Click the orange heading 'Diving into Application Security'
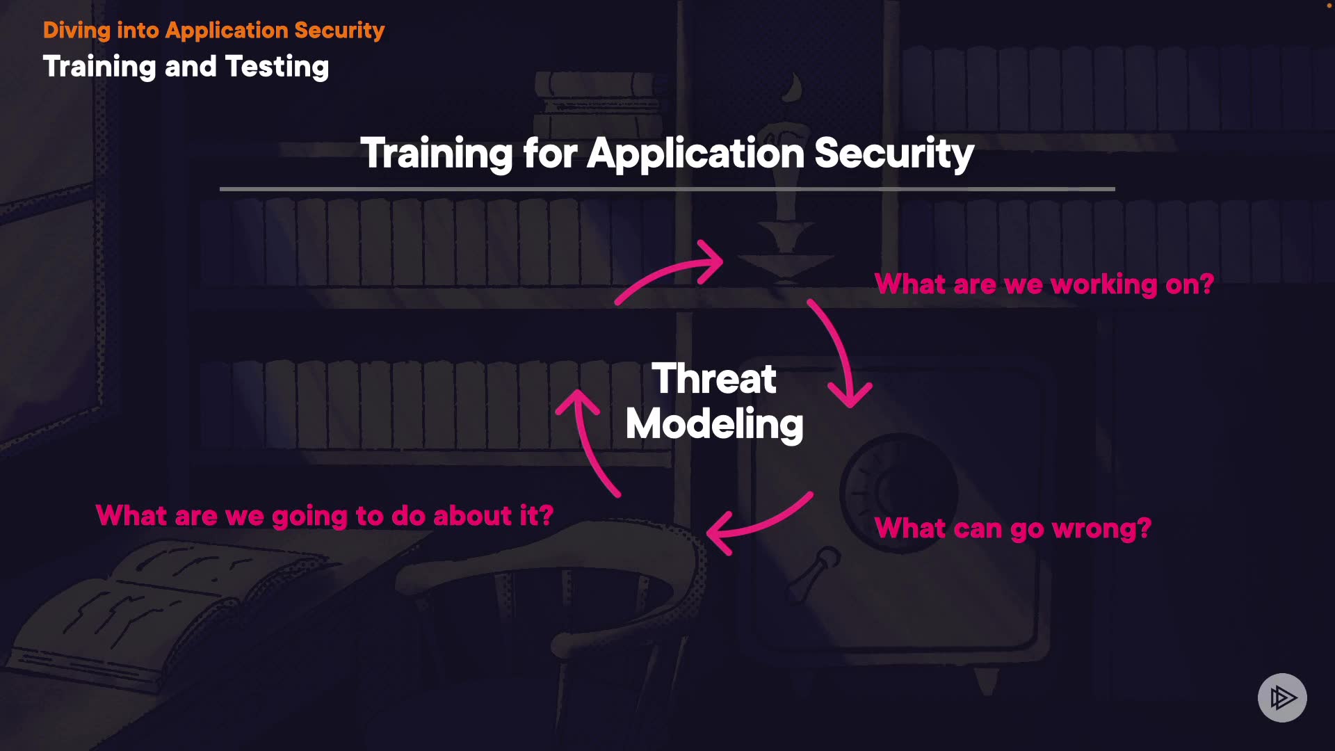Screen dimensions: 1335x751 tap(213, 31)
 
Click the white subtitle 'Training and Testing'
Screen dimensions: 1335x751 tap(186, 67)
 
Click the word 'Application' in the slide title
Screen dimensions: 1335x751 tap(695, 154)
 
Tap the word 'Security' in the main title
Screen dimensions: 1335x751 tap(894, 154)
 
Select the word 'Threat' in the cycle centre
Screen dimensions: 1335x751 tap(714, 379)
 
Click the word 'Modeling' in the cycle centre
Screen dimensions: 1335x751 tap(715, 424)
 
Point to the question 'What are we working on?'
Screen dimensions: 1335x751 tap(1044, 284)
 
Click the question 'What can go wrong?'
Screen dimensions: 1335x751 tap(1012, 528)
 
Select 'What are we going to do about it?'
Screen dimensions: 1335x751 tap(325, 516)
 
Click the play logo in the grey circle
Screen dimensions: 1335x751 tap(1282, 697)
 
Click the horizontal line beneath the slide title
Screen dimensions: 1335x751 tap(667, 188)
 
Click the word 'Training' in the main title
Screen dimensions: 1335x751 tap(437, 154)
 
